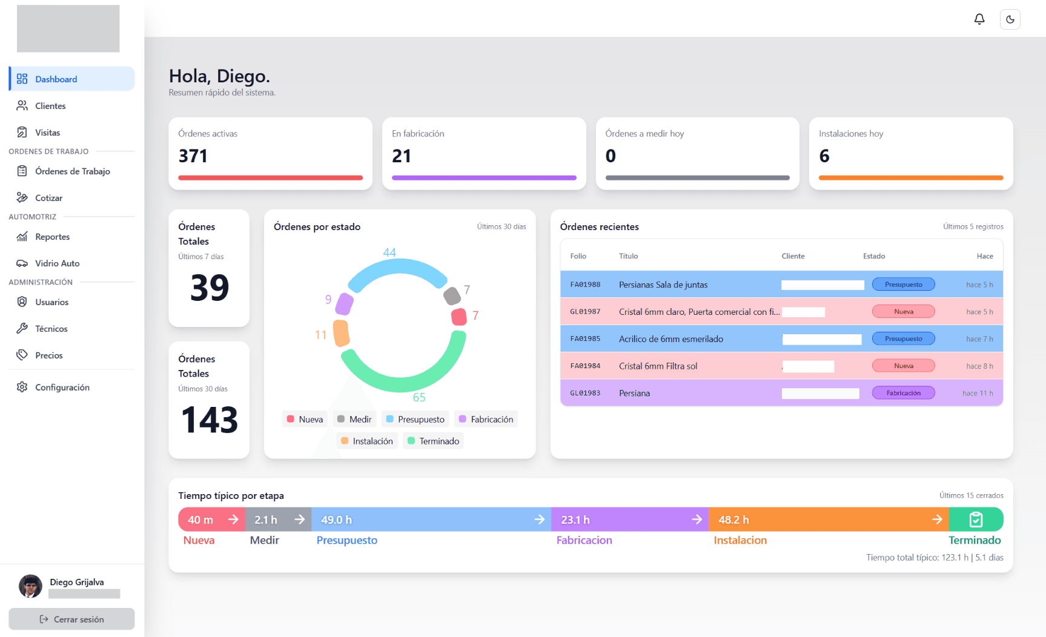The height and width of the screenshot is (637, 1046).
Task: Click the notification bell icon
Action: (x=979, y=19)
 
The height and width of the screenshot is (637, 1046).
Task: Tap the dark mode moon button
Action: (x=1010, y=19)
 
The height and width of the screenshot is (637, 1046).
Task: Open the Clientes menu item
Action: (x=50, y=106)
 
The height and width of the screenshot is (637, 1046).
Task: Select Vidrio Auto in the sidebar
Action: (x=57, y=263)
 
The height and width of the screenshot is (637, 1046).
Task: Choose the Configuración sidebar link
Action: (x=62, y=388)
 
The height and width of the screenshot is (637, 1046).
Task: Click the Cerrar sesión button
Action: (x=71, y=619)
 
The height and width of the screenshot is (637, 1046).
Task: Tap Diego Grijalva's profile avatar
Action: (x=30, y=586)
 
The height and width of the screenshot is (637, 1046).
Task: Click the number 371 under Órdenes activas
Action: (x=193, y=156)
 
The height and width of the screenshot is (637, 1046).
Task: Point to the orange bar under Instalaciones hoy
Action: (x=911, y=178)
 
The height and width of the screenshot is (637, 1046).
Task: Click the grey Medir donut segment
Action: (x=452, y=296)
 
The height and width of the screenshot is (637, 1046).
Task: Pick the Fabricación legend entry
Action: (x=486, y=419)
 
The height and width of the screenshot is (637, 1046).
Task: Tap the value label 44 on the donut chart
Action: (x=389, y=252)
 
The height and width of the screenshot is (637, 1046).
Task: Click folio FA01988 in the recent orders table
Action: (x=585, y=285)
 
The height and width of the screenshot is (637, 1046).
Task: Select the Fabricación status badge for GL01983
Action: (x=903, y=393)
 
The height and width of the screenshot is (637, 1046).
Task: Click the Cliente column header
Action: (x=793, y=256)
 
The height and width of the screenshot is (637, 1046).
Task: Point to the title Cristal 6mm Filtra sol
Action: (x=658, y=366)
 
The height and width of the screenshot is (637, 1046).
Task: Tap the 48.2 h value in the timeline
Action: (x=733, y=520)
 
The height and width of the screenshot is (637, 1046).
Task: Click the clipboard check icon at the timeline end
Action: (x=976, y=520)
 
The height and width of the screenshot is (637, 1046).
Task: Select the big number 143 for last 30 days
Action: (x=210, y=420)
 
